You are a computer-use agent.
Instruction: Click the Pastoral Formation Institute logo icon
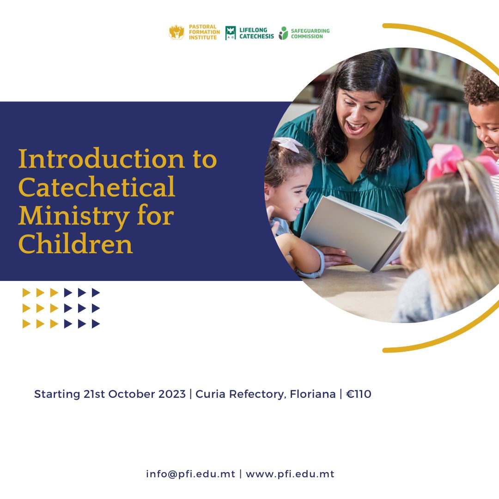176,32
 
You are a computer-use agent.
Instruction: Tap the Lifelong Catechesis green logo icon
231,33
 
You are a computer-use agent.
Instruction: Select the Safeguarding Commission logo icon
283,33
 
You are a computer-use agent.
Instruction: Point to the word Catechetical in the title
97,188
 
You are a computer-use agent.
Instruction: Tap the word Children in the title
75,245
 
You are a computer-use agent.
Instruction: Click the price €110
359,394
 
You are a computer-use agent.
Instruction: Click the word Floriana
313,394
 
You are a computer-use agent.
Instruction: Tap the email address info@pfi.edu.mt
190,474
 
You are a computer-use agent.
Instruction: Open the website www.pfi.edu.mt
290,474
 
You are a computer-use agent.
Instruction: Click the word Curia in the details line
210,394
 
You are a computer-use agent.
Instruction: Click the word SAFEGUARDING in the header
310,31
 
